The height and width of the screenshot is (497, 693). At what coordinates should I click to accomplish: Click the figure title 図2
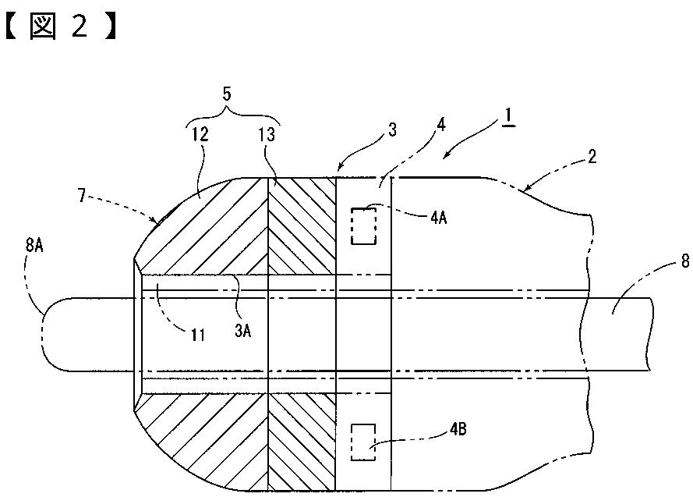pos(61,29)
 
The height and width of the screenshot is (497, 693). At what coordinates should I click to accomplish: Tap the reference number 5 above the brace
pos(227,94)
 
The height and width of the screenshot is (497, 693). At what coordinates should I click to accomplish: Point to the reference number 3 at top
pos(392,130)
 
